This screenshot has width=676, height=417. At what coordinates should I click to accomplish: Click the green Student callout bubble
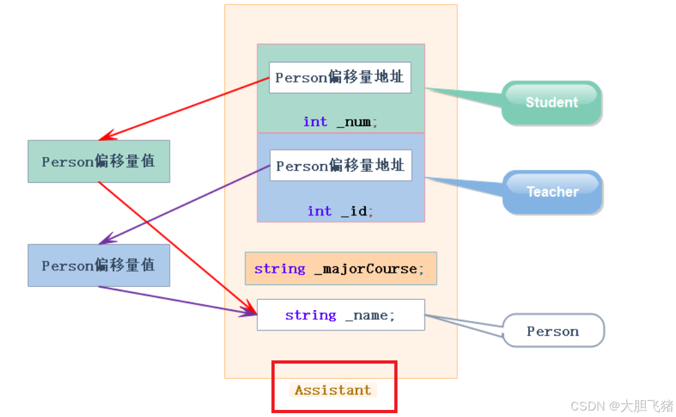click(551, 102)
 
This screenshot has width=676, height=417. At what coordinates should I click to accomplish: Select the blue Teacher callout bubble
click(552, 192)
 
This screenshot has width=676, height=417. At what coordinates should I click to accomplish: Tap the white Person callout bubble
click(553, 331)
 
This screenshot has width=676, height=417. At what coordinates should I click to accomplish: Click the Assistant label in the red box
click(333, 390)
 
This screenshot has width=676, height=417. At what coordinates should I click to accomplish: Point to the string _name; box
click(340, 315)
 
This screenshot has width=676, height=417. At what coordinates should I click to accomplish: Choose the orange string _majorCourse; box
click(340, 268)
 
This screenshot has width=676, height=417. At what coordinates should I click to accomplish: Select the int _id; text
click(340, 211)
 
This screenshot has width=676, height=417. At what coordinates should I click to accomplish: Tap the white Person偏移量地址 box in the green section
click(340, 77)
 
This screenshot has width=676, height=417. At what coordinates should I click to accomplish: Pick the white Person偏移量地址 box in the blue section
click(340, 166)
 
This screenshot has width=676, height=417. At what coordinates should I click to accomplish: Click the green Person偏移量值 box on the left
click(98, 162)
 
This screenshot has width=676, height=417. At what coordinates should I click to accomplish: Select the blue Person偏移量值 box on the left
click(98, 265)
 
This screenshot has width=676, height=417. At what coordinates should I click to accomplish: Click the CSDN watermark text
click(620, 405)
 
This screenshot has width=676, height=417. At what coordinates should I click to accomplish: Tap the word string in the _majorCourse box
click(280, 268)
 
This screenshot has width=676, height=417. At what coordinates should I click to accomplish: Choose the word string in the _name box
click(311, 315)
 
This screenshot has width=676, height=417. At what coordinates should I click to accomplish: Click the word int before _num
click(315, 122)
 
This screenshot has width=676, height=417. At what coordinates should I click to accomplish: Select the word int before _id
click(319, 211)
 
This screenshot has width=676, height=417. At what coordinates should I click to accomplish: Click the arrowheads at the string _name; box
click(250, 311)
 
